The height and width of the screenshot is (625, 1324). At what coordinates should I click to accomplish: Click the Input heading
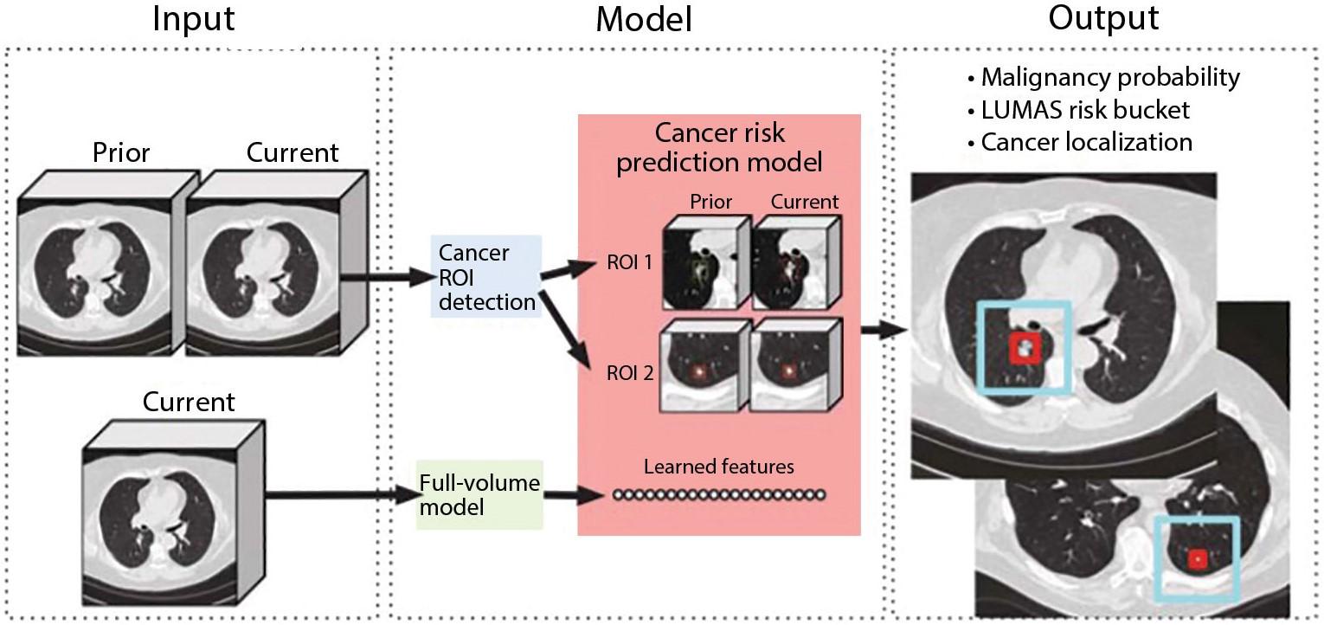[193, 20]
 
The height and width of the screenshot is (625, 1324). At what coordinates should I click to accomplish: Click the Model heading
[644, 20]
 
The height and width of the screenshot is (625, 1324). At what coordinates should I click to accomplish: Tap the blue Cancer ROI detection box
[486, 277]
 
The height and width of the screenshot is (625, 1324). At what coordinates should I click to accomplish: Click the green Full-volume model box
[479, 495]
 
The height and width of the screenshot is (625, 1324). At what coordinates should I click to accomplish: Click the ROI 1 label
[629, 262]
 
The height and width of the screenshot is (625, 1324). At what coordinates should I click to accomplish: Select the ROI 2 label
[630, 373]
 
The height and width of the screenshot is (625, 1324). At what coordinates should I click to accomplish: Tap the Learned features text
[719, 467]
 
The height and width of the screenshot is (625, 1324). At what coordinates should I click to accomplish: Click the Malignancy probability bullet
[1103, 77]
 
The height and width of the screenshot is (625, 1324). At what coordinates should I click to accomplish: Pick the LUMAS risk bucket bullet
[1079, 110]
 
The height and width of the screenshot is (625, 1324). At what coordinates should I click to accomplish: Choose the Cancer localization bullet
[1080, 143]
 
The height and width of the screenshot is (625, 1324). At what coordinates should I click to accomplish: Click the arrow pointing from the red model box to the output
[883, 329]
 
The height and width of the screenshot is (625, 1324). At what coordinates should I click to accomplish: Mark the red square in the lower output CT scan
[1198, 558]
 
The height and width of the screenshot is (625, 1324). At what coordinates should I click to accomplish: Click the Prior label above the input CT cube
[121, 152]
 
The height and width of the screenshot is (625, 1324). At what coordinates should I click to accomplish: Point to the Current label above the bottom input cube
[189, 402]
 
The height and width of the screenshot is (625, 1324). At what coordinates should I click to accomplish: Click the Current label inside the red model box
[805, 203]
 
